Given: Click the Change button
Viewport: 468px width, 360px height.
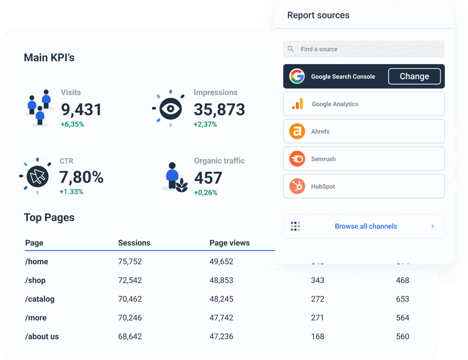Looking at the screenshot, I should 414,76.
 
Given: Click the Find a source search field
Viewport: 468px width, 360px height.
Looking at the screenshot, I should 364,49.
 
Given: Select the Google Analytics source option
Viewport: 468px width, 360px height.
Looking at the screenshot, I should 364,104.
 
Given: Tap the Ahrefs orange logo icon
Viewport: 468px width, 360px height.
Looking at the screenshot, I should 297,131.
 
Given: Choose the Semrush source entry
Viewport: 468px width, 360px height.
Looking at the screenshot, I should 364,159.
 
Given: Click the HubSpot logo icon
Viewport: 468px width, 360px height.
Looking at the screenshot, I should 297,186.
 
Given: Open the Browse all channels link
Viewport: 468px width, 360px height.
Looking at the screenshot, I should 366,226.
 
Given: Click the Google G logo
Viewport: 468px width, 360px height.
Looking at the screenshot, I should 297,76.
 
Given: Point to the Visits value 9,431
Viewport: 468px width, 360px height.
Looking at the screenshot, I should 81,110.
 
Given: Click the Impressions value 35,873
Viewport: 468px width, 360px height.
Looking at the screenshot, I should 219,110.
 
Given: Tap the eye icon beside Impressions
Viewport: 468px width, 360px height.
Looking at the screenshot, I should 170,109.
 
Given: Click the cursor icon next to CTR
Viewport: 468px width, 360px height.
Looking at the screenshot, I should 37,177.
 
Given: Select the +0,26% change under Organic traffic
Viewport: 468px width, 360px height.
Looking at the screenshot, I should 206,193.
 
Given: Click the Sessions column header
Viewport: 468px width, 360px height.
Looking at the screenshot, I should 134,243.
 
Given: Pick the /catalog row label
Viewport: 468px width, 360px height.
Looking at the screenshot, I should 40,299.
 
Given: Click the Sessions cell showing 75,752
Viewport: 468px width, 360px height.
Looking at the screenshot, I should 130,262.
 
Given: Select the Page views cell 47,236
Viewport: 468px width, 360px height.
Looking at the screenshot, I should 221,336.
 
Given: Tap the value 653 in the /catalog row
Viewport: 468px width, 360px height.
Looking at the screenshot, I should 402,299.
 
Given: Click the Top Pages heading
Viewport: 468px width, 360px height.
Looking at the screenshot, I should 49,218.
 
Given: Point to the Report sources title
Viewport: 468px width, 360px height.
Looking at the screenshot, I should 318,15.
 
